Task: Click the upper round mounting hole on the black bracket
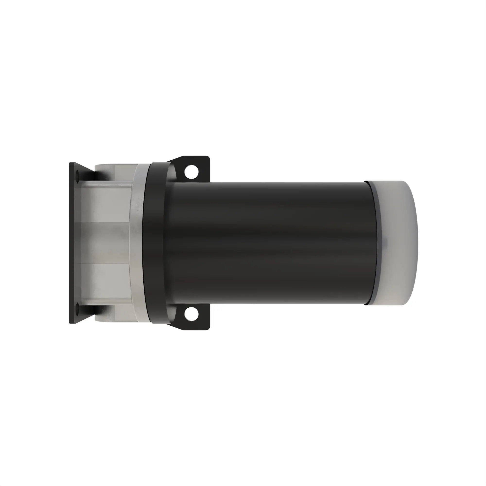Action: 191,172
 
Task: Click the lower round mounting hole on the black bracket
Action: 191,314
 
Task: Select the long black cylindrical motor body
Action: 267,243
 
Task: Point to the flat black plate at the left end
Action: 72,243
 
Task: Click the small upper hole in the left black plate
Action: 77,174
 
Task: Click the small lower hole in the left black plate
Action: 77,306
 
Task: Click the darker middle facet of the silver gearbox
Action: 106,243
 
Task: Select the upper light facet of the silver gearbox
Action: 106,204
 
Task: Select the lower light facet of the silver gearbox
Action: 106,282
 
